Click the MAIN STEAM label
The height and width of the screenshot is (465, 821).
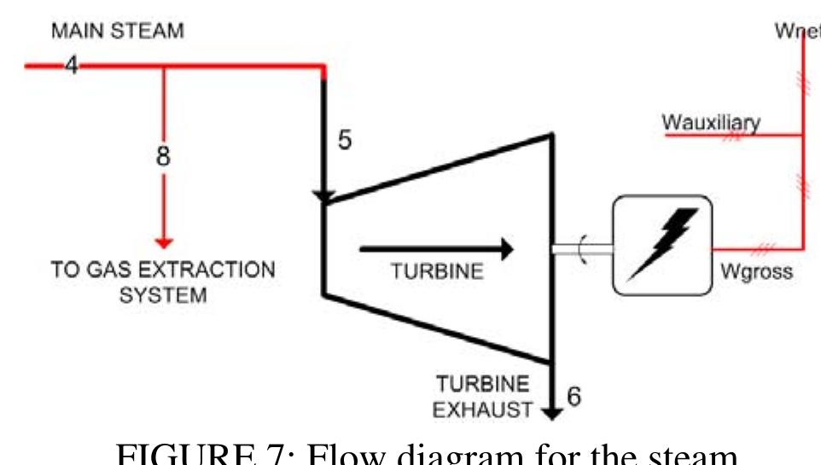coord(117,32)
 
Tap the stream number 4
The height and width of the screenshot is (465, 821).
coord(72,65)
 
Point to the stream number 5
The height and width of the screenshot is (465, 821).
coord(345,140)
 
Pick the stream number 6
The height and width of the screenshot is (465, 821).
coord(574,397)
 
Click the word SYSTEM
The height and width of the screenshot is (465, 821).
coord(162,297)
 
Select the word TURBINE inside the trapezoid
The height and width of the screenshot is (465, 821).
coord(437,271)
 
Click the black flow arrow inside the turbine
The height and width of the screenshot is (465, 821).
coord(436,249)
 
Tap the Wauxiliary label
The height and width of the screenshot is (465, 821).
coord(710,123)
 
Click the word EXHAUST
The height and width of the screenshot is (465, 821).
coord(482,410)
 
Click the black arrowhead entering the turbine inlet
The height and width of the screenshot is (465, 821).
coord(323,197)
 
